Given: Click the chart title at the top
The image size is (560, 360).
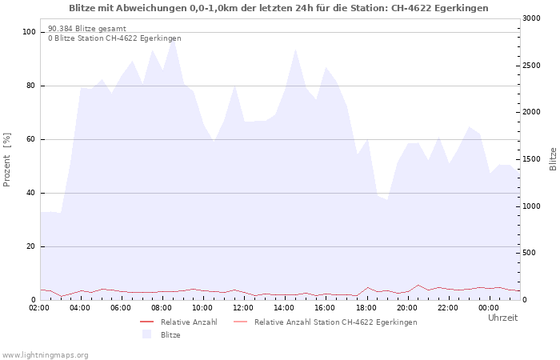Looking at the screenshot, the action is point(278,8).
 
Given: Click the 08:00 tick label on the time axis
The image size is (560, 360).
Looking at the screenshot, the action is point(162,308).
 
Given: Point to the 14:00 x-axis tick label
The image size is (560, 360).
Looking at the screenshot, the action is point(284,308).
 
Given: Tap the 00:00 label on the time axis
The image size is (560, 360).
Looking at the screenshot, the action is point(489,308).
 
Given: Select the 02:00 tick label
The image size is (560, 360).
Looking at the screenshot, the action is point(39,308).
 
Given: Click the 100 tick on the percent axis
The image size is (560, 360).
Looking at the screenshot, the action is point(29,32).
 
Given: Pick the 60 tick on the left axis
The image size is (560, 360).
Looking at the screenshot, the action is point(30,139).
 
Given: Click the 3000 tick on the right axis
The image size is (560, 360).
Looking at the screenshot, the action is point(531,18).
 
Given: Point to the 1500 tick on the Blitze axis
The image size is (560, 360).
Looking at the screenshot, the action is point(531,159).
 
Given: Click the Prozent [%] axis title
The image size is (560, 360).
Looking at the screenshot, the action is point(6,160).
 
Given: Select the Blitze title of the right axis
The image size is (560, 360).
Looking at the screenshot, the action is point(553,159).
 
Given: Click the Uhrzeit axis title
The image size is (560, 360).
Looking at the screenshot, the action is point(503,318).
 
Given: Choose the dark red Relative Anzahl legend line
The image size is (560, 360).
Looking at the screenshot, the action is point(146,322).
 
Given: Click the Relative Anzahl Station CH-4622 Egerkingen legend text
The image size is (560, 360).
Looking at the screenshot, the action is point(336,322).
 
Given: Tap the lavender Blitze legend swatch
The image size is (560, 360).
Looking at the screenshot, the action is point(146,334).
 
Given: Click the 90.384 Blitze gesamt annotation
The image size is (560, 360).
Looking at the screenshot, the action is point(87,29).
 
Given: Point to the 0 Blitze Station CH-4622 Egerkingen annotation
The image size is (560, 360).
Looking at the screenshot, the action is point(114,38).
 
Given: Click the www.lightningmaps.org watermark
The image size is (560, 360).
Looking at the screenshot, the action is point(45,355).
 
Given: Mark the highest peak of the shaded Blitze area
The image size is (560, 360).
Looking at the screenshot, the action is point(174,39).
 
